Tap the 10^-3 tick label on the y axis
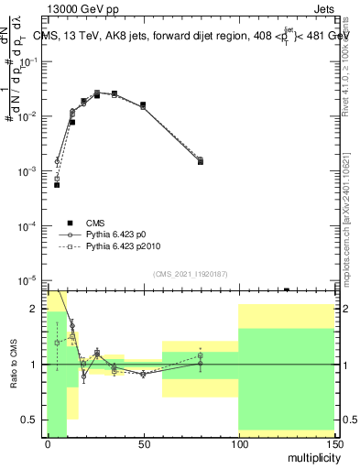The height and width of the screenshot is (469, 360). click(x=29, y=171)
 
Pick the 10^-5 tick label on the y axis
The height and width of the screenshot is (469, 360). click(x=29, y=279)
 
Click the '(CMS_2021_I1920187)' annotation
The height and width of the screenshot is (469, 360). click(x=190, y=274)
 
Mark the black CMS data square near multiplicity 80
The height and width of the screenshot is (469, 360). click(x=201, y=161)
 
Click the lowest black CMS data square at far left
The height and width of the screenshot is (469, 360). click(x=57, y=185)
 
